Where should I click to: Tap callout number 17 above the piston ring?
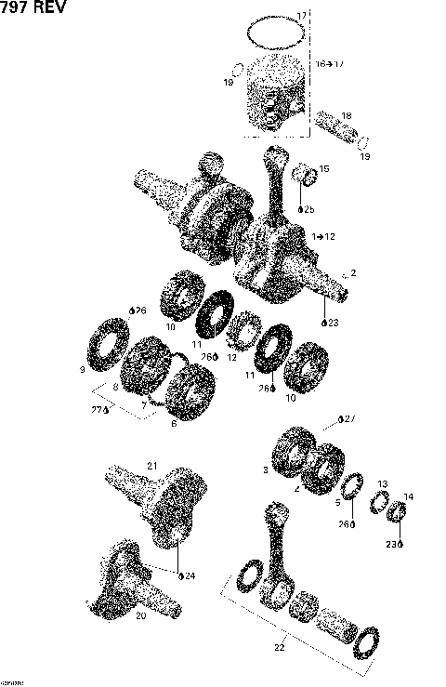[300, 17]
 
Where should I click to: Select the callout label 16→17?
[330, 64]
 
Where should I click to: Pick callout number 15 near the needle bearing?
[324, 168]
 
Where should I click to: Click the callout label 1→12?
[323, 237]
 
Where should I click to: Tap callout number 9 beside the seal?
[83, 370]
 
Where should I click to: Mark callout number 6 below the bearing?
[173, 423]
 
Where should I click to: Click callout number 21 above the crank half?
[153, 466]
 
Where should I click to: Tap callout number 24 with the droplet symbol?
[189, 575]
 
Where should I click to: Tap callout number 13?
[382, 484]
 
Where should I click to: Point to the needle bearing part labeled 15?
[305, 175]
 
